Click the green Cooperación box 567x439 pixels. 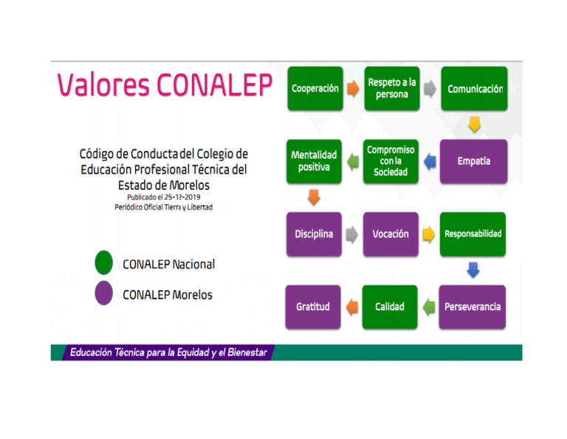tap(315, 89)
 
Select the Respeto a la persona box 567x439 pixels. tap(391, 89)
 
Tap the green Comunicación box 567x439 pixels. tap(474, 89)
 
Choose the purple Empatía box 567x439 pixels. tap(474, 161)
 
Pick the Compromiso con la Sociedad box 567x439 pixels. tap(391, 161)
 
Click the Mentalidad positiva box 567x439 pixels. tap(314, 161)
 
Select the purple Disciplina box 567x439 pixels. tap(314, 234)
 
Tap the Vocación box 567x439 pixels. tap(391, 234)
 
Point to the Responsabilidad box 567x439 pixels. tap(473, 234)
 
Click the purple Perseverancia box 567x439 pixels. tap(472, 307)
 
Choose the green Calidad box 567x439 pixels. tap(390, 307)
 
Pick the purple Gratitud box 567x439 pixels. tap(313, 307)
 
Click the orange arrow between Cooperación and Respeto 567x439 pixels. tap(353, 89)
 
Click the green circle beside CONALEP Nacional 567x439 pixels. tap(104, 263)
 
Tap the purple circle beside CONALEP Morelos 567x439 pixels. tap(104, 294)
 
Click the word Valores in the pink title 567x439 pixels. tap(103, 86)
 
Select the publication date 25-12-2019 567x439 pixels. tap(180, 197)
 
